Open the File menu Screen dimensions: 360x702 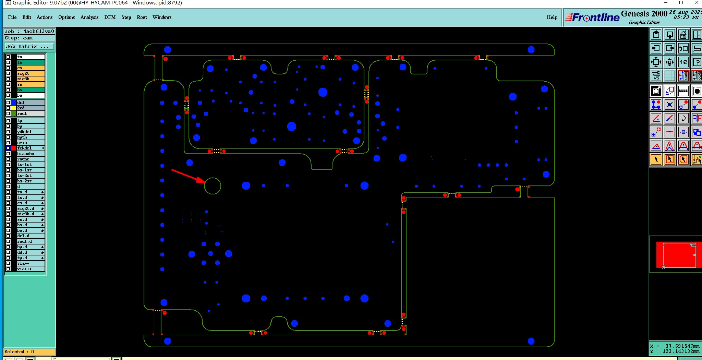tap(12, 17)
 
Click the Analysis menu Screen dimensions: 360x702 tap(89, 17)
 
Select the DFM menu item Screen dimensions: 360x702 tap(110, 17)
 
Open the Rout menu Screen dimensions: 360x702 tap(142, 17)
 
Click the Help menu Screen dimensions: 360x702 tap(552, 17)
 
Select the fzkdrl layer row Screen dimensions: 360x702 tap(30, 148)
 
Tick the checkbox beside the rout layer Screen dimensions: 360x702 tap(8, 113)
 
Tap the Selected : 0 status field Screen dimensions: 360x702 tap(29, 352)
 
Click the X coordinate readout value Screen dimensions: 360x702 tap(680, 346)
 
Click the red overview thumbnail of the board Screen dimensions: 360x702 tap(678, 254)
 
